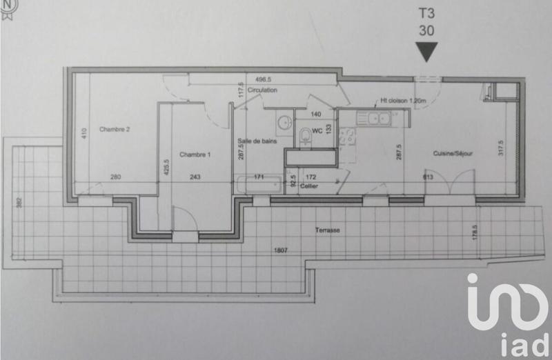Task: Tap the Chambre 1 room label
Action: click(195, 155)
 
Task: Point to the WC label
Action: click(317, 130)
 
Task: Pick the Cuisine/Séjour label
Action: click(453, 153)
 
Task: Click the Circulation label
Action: click(263, 90)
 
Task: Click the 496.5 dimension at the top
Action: click(265, 79)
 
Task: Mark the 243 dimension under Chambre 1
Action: click(195, 177)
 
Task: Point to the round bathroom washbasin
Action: click(283, 124)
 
